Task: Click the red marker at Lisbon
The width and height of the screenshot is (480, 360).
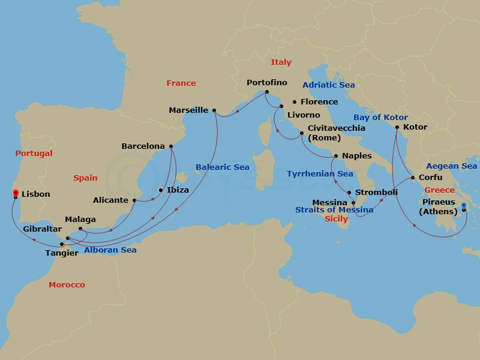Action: point(15,193)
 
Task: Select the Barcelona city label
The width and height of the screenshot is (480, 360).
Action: point(143,146)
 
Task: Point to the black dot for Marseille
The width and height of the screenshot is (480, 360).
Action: point(214,110)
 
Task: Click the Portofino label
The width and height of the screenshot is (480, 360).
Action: point(267,82)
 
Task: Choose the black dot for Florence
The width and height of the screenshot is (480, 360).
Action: point(295,102)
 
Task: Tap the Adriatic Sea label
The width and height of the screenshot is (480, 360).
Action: point(328,85)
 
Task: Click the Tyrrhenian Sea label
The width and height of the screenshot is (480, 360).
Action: point(320,173)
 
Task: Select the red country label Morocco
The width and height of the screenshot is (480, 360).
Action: point(67,284)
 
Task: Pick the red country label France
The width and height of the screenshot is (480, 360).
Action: point(181,83)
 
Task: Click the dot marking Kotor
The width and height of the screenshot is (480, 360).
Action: point(397,127)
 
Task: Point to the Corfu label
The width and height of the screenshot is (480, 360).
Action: point(430,177)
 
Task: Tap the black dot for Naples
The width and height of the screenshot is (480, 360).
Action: point(335,157)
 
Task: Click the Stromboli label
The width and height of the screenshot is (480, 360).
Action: point(376,192)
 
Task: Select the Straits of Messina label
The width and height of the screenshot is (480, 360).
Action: point(334,209)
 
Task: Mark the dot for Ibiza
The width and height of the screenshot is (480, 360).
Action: point(160,191)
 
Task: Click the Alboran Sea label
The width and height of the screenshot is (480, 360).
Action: point(110,250)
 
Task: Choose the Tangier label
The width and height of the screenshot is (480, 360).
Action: point(62,253)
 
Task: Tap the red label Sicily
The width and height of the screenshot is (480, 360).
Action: point(336,219)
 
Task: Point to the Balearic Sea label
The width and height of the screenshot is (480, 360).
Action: point(222,167)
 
